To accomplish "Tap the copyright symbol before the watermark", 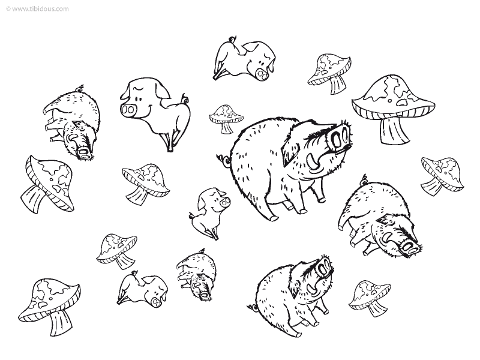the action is coord(8,9).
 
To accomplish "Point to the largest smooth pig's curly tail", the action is coord(185,100).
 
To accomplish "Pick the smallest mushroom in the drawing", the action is coord(226,118).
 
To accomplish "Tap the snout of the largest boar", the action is coord(340,137).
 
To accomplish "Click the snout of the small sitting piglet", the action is coord(225,202).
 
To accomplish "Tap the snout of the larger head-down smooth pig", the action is coord(262,74).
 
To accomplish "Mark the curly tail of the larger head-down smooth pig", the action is coord(232,40).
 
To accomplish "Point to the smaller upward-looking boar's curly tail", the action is coord(252,307).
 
